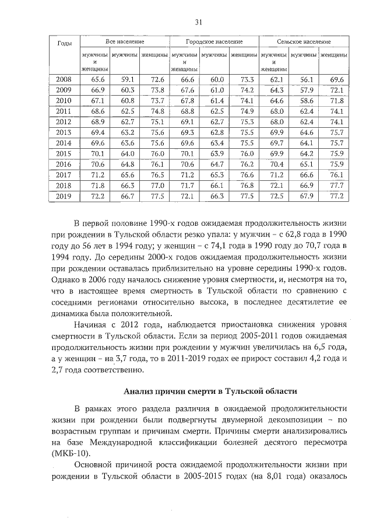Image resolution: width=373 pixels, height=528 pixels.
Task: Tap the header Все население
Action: click(x=125, y=43)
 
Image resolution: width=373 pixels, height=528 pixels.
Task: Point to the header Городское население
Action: click(x=214, y=43)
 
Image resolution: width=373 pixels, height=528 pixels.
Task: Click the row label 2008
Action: click(x=64, y=79)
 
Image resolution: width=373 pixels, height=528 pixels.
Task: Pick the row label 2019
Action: click(x=64, y=196)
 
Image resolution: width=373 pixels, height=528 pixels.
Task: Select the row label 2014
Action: click(x=64, y=143)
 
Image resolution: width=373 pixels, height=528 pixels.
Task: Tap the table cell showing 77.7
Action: click(x=336, y=186)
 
